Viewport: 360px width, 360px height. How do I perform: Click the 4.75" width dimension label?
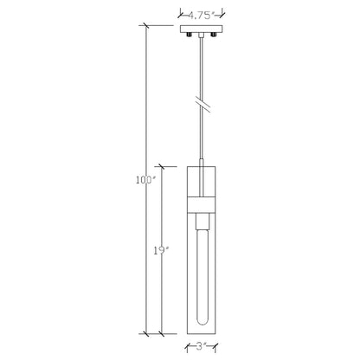pos(202,15)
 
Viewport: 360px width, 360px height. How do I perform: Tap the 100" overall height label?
pos(145,180)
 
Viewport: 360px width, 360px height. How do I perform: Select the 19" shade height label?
pos(160,251)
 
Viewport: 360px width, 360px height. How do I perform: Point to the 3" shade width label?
pos(202,346)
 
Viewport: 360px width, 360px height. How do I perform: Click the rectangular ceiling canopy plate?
pos(202,29)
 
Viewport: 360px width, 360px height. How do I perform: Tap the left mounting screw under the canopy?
pos(190,35)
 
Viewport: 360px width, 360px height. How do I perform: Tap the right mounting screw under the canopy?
pos(214,35)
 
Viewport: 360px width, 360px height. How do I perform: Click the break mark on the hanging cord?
pos(202,106)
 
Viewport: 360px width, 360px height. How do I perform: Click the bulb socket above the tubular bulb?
pos(202,221)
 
